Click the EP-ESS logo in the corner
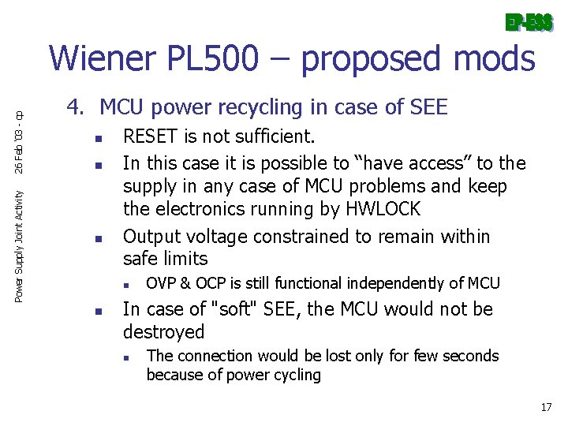coord(529,23)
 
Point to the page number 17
coord(546,407)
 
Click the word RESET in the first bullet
coord(151,137)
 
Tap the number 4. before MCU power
coord(74,107)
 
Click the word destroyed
coord(163,331)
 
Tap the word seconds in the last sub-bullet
coord(470,356)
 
